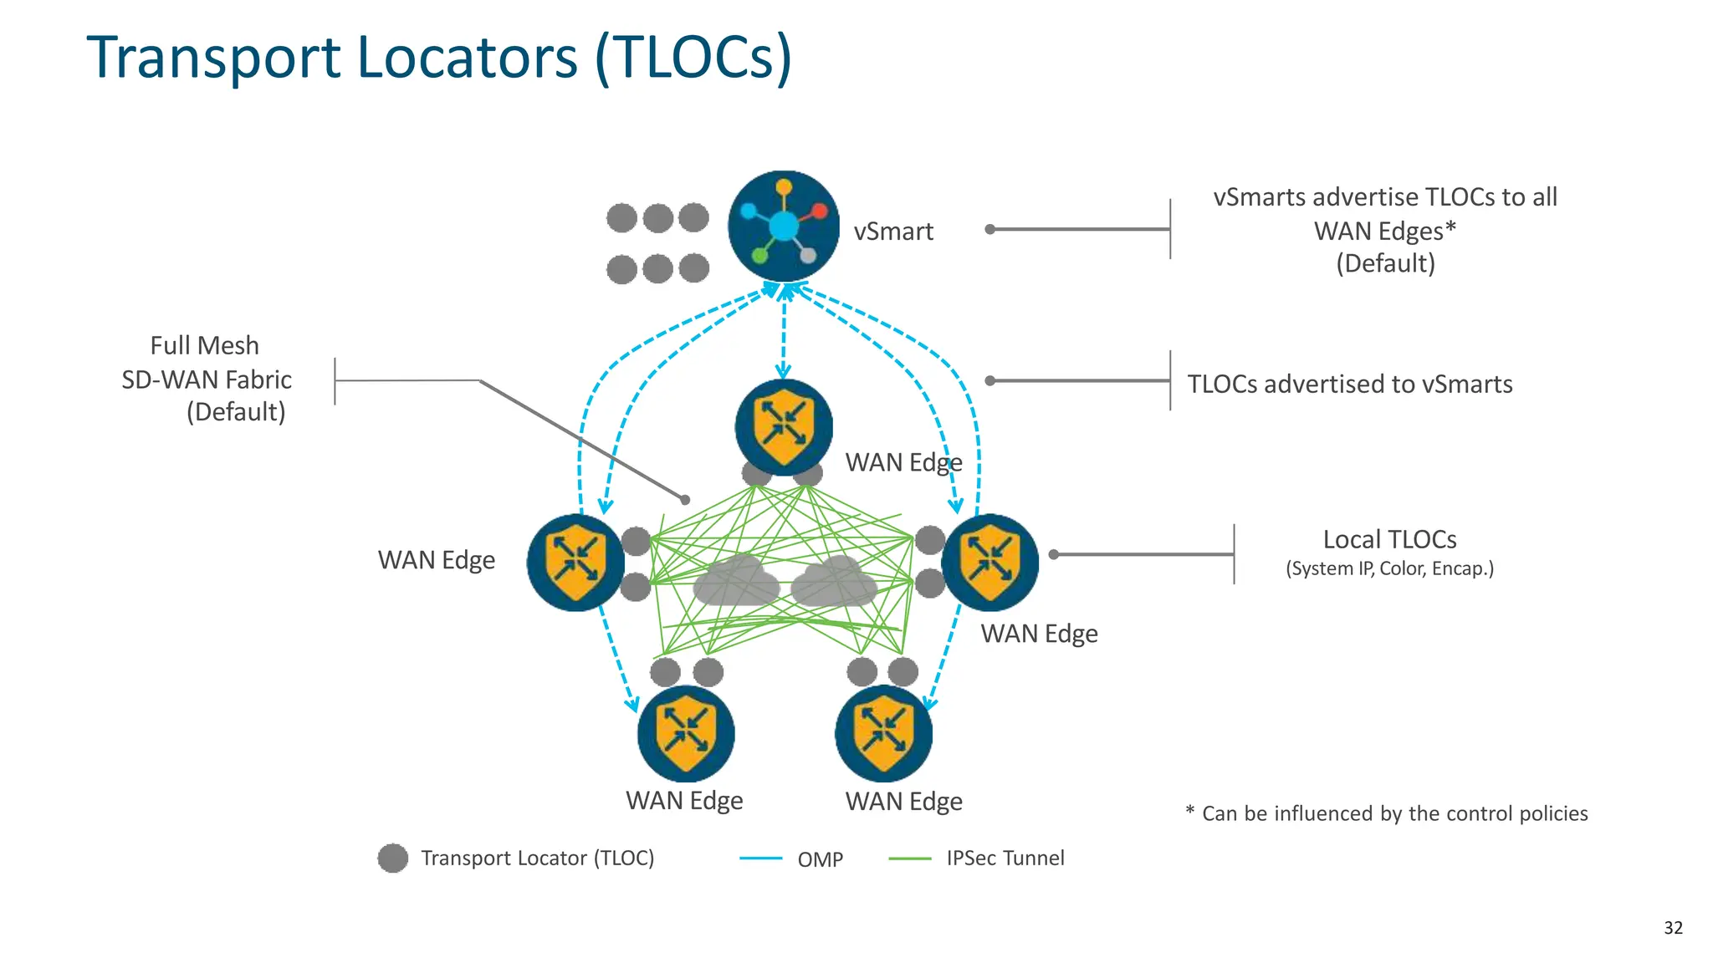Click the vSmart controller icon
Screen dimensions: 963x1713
coord(784,227)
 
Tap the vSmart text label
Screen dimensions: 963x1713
coord(892,232)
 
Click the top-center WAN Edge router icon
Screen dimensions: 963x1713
coord(784,426)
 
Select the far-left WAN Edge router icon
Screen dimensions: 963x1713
coord(575,562)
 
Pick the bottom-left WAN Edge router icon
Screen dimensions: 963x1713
coord(686,734)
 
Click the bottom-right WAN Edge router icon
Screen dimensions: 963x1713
coord(883,734)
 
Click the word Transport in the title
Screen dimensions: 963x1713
coord(213,59)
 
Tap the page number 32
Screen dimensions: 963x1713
coord(1673,928)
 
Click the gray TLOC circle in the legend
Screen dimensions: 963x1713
coord(392,859)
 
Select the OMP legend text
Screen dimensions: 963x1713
coord(820,859)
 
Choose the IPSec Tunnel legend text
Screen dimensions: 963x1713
coord(1005,859)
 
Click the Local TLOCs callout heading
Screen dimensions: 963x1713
coord(1389,539)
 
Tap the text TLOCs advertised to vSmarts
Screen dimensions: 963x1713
coord(1349,384)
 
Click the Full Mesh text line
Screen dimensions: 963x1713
coord(204,345)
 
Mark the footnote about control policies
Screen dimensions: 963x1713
coord(1386,813)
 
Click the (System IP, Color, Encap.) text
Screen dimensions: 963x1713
coord(1389,568)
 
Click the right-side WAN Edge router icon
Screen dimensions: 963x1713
coord(990,562)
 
